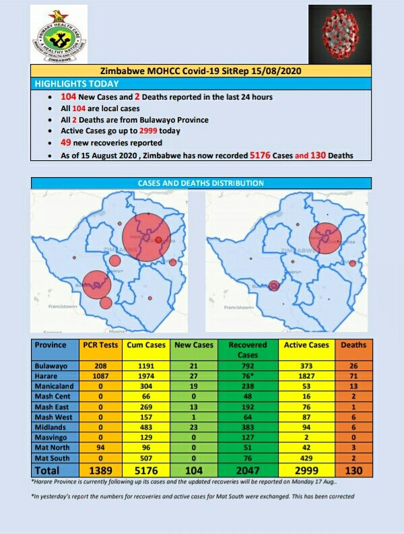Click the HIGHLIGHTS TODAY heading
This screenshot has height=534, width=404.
77,84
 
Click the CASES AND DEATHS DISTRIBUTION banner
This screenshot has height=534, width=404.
201,183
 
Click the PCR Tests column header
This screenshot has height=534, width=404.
100,345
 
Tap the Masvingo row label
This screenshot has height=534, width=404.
50,438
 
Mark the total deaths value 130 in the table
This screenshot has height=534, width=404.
352,470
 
